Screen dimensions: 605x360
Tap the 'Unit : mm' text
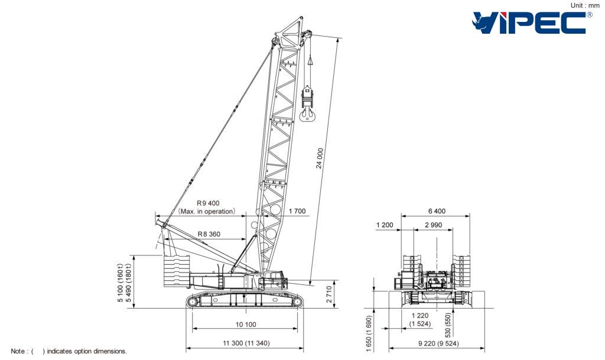pos(585,5)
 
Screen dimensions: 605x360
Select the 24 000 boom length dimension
pos(320,158)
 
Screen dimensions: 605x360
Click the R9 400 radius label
pos(208,203)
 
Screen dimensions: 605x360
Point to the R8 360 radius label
pos(209,234)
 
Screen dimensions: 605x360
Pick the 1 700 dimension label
pos(297,211)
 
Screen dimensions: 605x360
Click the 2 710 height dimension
pos(329,294)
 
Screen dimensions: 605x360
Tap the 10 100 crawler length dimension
pos(246,324)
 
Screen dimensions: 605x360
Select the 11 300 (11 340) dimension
pos(246,343)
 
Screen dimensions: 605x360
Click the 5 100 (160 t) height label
pos(121,283)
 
